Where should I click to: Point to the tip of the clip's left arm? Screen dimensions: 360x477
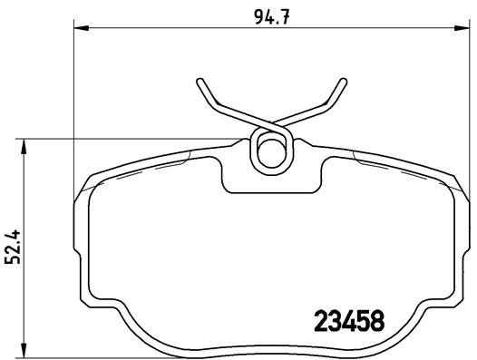pyautogui.click(x=200, y=83)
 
